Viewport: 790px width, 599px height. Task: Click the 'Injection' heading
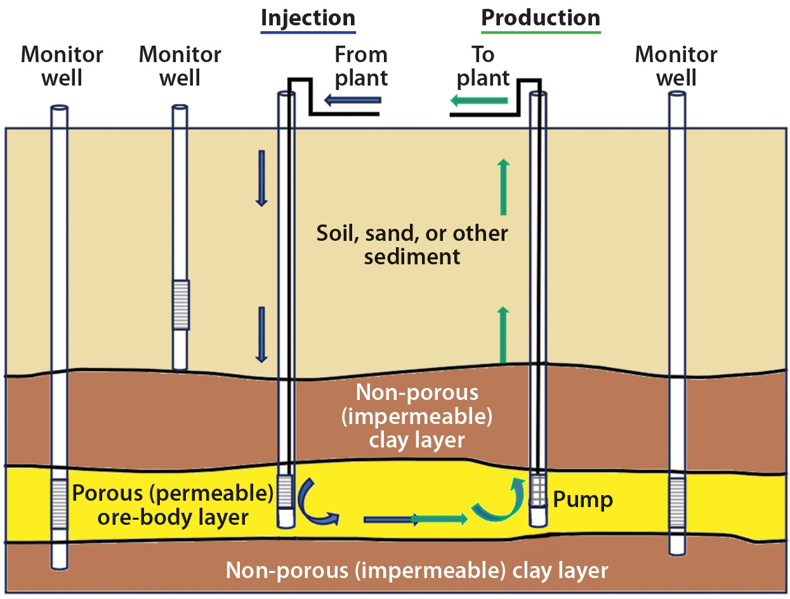coord(308,18)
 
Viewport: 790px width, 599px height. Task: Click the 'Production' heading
coord(541,18)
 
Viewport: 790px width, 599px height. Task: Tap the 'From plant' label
coord(361,66)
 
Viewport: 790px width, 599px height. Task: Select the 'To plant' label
coord(484,66)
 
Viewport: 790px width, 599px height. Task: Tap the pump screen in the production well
coord(539,490)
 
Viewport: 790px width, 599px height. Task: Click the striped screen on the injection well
coord(286,492)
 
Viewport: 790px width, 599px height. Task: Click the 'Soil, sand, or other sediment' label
coord(412,245)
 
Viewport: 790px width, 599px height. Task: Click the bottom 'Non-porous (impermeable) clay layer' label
coord(417,570)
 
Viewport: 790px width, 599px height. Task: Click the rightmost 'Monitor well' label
coord(676,66)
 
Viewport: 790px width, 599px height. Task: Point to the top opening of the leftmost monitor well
coord(59,108)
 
